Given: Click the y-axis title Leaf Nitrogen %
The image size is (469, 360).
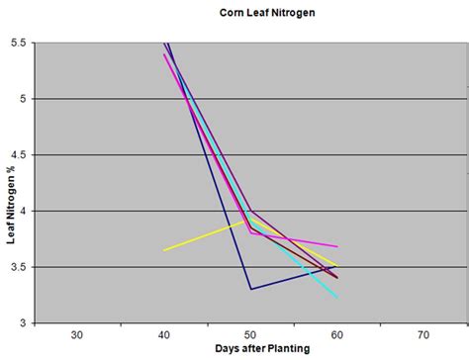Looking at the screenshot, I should pos(12,182).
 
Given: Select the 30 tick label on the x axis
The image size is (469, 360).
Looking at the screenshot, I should pos(77,334).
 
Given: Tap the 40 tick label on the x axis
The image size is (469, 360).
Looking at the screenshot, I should pos(163,334).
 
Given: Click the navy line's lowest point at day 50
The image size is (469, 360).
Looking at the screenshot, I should pos(250,289).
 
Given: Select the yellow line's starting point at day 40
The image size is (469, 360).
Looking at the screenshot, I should pos(163,250).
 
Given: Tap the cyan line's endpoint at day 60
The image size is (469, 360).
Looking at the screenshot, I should pos(336,297).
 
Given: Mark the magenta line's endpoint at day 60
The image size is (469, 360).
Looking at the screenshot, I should pos(336,246).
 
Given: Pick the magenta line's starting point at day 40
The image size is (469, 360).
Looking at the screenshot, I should pos(163,54).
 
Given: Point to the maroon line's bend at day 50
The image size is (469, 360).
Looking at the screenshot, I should pos(250,211).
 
